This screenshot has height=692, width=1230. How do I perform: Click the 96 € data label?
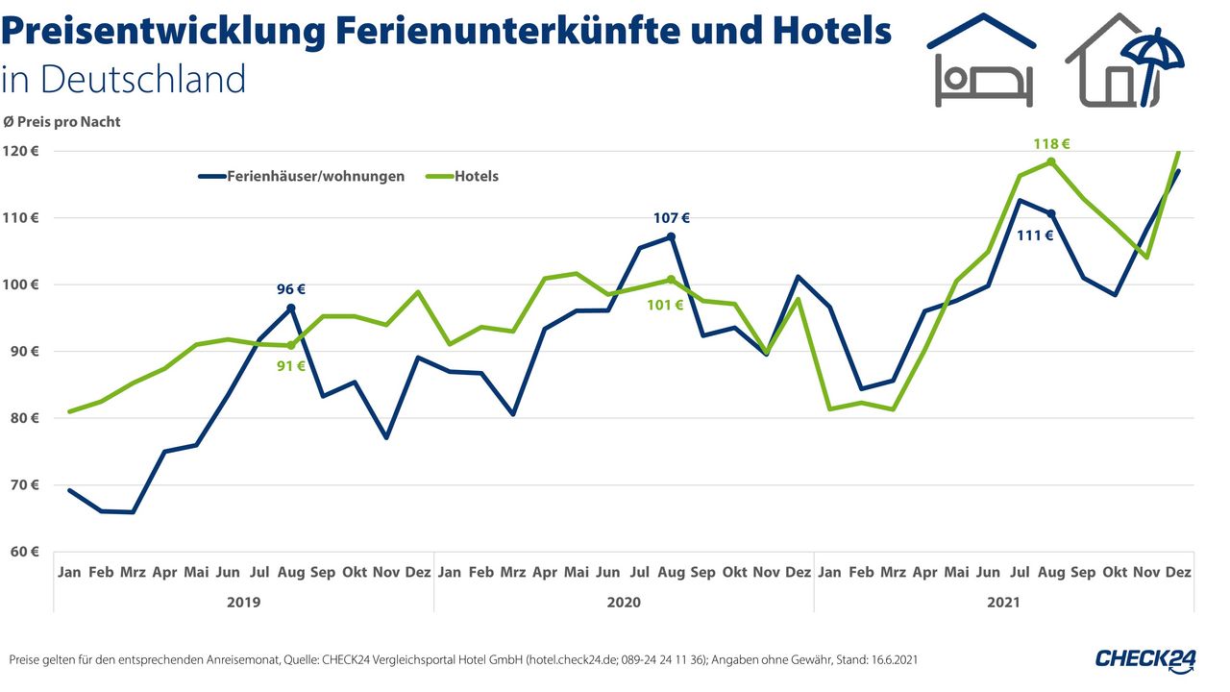pos(291,288)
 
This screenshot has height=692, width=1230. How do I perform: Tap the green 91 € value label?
pos(291,365)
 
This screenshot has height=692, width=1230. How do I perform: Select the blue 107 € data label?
pos(672,218)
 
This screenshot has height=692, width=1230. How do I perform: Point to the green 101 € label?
pos(665,306)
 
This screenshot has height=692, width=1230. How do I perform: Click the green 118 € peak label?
pos(1051,144)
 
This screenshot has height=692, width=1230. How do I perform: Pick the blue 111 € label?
pos(1035,235)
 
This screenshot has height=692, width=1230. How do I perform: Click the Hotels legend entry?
pos(477,176)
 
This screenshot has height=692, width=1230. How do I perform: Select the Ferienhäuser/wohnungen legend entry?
pos(315,176)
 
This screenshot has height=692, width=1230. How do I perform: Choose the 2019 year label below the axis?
pos(244,602)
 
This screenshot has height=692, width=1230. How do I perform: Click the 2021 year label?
pos(1004,602)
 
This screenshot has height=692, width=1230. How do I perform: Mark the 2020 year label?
pos(624,602)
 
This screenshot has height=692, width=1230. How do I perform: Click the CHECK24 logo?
pos(1146,659)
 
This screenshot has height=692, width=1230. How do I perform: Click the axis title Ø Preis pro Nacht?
pos(62,122)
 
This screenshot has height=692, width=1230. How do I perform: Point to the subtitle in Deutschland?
pos(124,79)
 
